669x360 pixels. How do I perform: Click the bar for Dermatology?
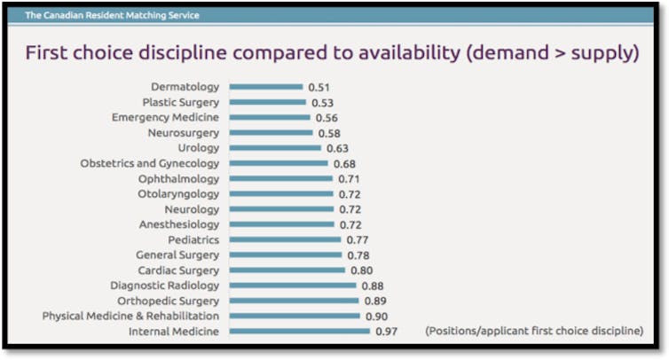coord(266,87)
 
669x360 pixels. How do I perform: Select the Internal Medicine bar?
coord(299,332)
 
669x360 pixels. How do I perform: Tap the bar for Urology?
coord(275,148)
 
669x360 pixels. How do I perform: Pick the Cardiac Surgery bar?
coord(287,270)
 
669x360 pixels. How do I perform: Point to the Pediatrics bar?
coord(285,239)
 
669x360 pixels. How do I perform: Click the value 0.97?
coord(387,332)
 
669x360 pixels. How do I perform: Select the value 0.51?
coord(319,87)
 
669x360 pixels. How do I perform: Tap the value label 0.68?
coord(344,163)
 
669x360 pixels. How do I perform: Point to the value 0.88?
coord(371,286)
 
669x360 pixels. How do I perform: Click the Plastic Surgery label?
coord(180,102)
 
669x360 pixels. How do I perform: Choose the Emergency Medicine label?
coord(165,118)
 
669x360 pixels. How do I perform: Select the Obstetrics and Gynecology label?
coord(149,163)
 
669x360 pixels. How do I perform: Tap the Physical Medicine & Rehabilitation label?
coord(130,316)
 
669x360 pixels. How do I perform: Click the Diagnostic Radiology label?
coord(164,286)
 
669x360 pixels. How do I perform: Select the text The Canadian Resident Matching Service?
coord(112,15)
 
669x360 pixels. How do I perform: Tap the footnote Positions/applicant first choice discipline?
coord(534,332)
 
